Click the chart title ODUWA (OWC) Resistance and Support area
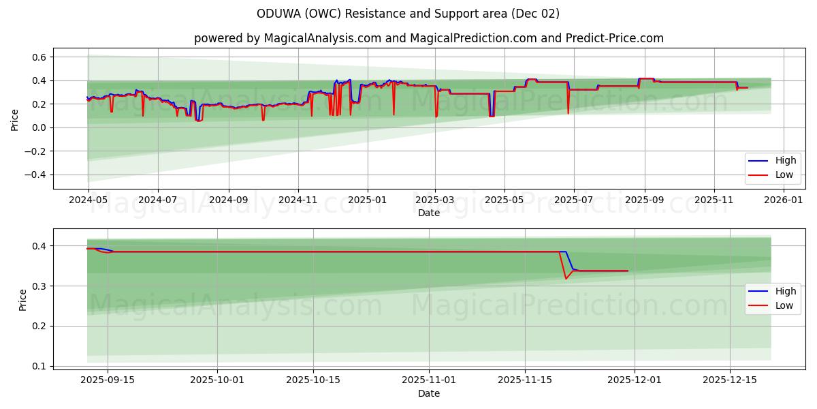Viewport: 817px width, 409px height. pyautogui.click(x=408, y=14)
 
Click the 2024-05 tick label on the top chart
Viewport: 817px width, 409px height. pyautogui.click(x=88, y=201)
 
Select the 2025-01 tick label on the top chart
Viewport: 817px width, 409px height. pyautogui.click(x=368, y=201)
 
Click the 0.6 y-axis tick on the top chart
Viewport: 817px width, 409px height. pyautogui.click(x=38, y=57)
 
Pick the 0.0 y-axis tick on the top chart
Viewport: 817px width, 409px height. pyautogui.click(x=38, y=127)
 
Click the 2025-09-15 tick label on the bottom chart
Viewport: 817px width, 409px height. pyautogui.click(x=107, y=380)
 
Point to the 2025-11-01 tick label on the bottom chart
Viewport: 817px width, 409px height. pyautogui.click(x=429, y=380)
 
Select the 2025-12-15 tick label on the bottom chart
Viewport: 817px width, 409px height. pyautogui.click(x=730, y=380)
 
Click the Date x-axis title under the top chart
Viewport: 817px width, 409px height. pyautogui.click(x=429, y=213)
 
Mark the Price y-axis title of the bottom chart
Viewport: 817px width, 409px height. pyautogui.click(x=23, y=300)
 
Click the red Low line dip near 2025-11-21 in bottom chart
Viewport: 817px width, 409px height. pyautogui.click(x=566, y=278)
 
